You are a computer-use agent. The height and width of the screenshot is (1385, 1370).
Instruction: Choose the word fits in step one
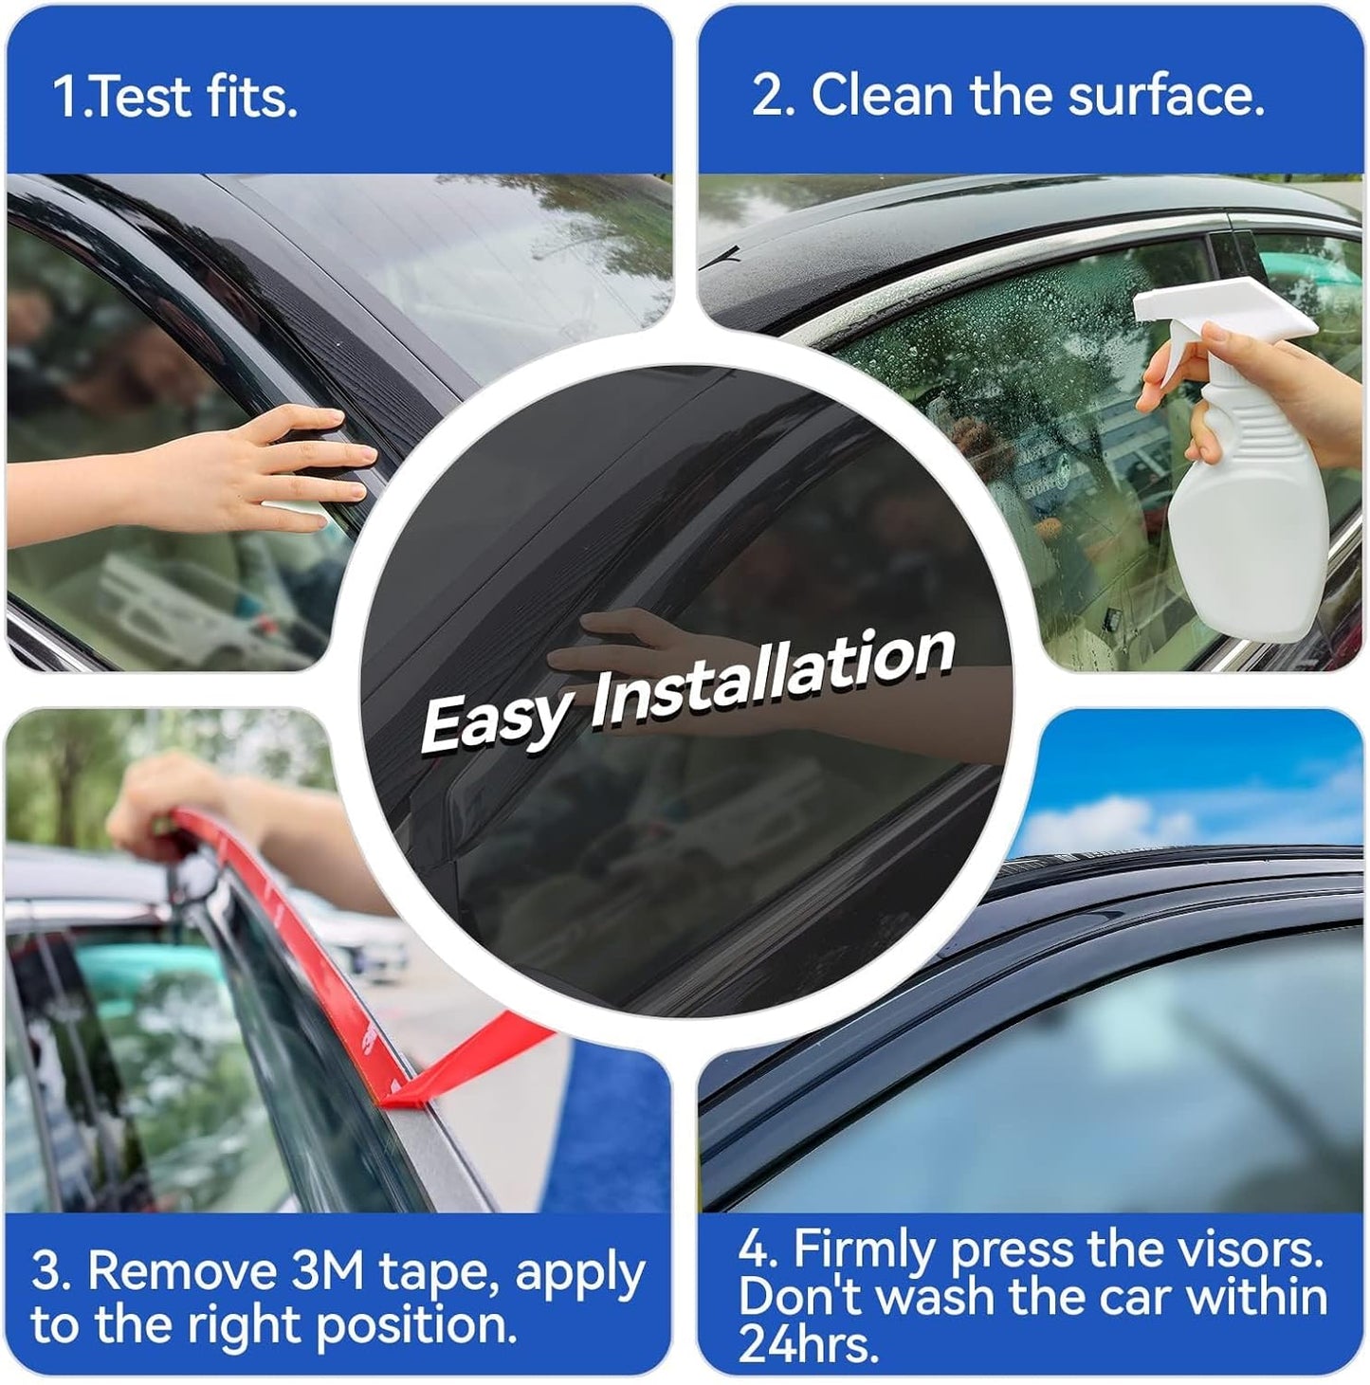click(250, 97)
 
